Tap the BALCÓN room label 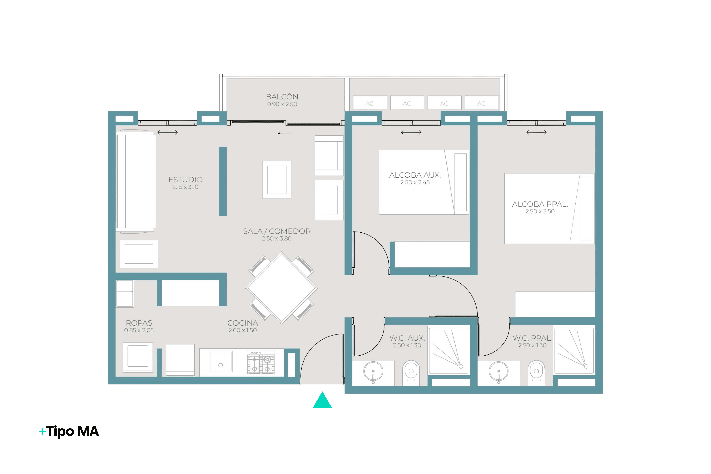pos(282,97)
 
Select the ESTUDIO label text pos(185,180)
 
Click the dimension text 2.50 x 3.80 pos(277,239)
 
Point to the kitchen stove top pos(261,363)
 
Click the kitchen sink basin pos(221,362)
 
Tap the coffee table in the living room pos(277,180)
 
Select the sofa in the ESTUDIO pos(136,181)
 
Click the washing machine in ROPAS pos(138,357)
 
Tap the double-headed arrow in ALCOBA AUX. pos(411,132)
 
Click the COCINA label pos(243,323)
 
